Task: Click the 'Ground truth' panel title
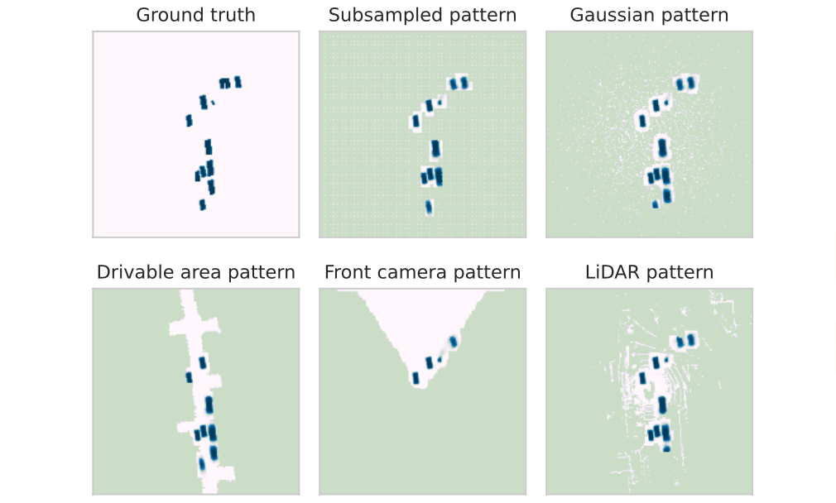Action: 195,15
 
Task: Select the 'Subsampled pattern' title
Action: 422,15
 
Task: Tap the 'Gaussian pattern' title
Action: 649,15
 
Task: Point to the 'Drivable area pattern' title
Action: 195,272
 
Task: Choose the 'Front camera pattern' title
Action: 422,272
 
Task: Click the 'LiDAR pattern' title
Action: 649,272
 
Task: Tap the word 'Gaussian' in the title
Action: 617,15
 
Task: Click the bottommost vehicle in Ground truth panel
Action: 202,204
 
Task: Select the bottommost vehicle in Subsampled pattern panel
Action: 429,207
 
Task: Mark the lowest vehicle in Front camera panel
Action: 416,378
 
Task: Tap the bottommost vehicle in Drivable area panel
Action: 201,464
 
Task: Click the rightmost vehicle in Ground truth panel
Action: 238,82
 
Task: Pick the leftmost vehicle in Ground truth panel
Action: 189,121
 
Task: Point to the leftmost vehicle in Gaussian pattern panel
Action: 641,121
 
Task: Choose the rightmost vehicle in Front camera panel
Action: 453,342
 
